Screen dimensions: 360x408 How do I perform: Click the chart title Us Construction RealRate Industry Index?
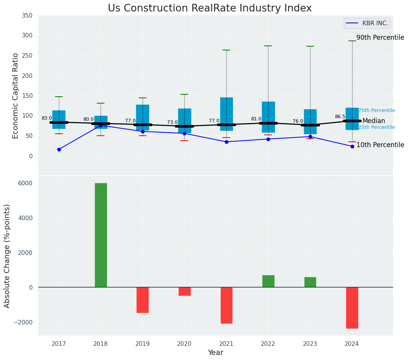click(210, 8)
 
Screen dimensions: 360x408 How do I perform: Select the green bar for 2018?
click(101, 235)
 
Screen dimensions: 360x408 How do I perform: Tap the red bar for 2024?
click(352, 308)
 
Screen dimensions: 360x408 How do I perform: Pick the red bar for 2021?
click(226, 305)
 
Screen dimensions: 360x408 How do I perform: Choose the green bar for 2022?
click(268, 281)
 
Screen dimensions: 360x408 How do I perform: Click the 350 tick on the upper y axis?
click(27, 15)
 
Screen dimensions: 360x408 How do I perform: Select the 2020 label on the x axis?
click(184, 344)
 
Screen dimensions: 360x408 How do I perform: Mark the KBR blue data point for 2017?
click(59, 149)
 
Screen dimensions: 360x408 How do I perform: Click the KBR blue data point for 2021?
click(226, 142)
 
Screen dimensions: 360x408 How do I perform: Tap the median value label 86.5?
click(340, 117)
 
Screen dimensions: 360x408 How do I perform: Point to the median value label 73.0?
click(172, 122)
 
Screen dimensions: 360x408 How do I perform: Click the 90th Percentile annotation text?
click(380, 37)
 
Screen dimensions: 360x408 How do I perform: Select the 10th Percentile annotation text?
click(380, 145)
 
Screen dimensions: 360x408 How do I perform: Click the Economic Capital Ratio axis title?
click(16, 96)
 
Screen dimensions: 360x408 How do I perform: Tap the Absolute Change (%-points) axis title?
click(7, 256)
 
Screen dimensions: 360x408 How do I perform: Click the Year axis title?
click(216, 353)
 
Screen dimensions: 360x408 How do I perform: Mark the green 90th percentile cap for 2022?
click(268, 46)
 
